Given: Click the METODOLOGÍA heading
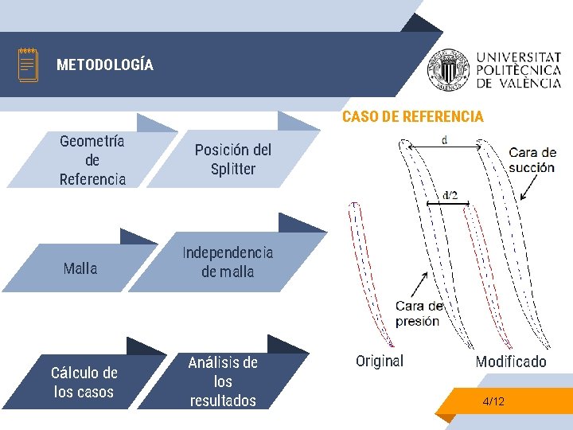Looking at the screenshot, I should pyautogui.click(x=105, y=65).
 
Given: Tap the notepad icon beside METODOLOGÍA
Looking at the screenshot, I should pyautogui.click(x=29, y=64).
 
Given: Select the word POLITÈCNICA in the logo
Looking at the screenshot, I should pyautogui.click(x=517, y=70).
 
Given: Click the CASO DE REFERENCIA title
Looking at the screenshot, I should pyautogui.click(x=412, y=117).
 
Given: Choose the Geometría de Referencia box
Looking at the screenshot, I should pyautogui.click(x=92, y=160).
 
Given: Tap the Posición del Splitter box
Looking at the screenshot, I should pyautogui.click(x=233, y=159).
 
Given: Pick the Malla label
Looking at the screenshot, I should pyautogui.click(x=80, y=268).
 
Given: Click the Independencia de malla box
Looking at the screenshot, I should pyautogui.click(x=228, y=262).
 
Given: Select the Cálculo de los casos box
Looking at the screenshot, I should pyautogui.click(x=84, y=382).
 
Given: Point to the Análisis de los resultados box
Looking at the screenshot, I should pyautogui.click(x=224, y=381).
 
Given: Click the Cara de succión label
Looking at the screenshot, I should pyautogui.click(x=532, y=160).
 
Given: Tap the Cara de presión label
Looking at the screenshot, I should pyautogui.click(x=418, y=314).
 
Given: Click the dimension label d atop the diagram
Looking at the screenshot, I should pyautogui.click(x=444, y=140).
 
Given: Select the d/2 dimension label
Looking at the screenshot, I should pyautogui.click(x=450, y=195).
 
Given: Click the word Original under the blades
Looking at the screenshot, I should pyautogui.click(x=380, y=361).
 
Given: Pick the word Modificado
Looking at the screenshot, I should pyautogui.click(x=511, y=362).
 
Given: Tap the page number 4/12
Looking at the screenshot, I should pyautogui.click(x=493, y=401).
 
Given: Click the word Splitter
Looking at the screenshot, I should pyautogui.click(x=233, y=169).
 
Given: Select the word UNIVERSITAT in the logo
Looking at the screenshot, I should pyautogui.click(x=517, y=57).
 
